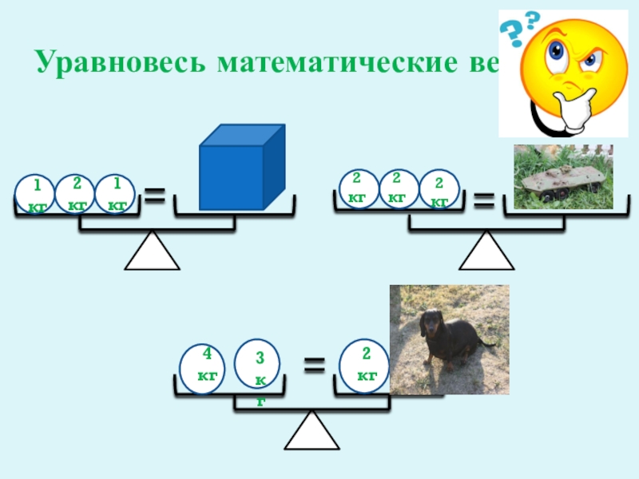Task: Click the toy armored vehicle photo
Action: (562, 176)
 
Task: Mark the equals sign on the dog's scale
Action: (315, 366)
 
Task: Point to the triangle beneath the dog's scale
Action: (312, 432)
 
